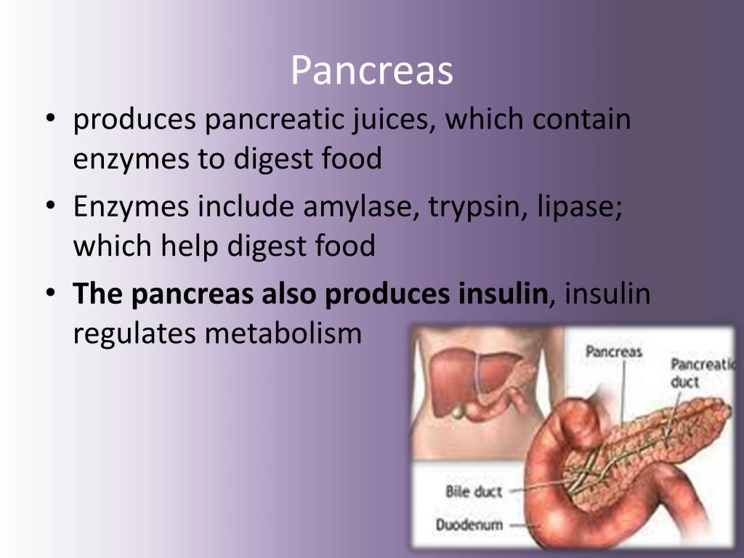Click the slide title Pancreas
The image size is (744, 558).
[371, 70]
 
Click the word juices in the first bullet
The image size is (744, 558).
[392, 120]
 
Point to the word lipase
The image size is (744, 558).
[579, 208]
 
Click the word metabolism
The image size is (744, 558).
[283, 333]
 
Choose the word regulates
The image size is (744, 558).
[134, 334]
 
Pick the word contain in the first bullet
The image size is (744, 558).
[582, 119]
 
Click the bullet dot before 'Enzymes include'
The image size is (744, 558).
[50, 205]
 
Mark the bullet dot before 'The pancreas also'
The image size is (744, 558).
[50, 292]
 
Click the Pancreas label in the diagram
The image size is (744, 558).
[614, 352]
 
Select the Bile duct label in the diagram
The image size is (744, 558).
[474, 492]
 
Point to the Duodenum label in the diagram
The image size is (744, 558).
[469, 525]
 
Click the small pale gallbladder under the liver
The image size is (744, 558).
[458, 411]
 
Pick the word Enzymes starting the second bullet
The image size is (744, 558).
[131, 208]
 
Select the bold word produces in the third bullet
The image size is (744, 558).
[387, 295]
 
